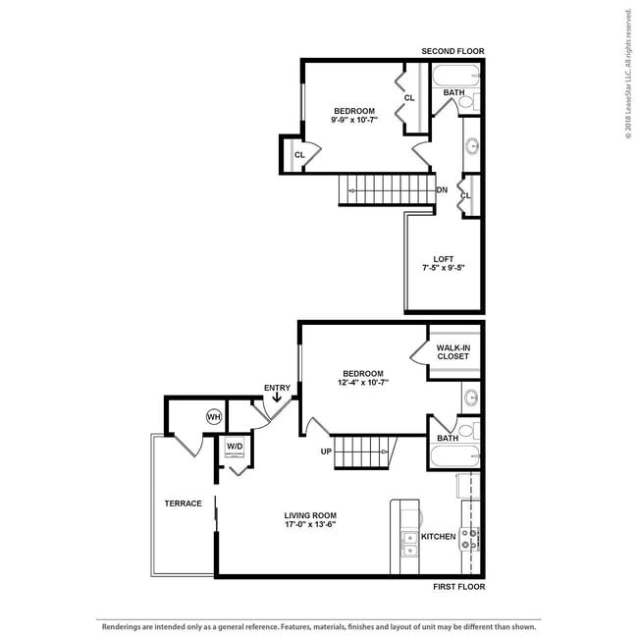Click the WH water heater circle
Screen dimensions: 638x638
coord(214,417)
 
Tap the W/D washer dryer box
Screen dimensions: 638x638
coord(235,447)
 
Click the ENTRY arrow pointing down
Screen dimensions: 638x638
coord(277,398)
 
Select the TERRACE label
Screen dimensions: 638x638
coord(184,504)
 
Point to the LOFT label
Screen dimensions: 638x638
coord(444,259)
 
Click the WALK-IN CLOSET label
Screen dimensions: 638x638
coord(453,352)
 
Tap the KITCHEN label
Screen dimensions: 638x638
coord(438,537)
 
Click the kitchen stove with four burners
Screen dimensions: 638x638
coord(469,539)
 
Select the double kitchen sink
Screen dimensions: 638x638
coord(410,544)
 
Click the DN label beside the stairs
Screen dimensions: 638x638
coord(442,189)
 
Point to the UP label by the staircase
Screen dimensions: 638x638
coord(326,452)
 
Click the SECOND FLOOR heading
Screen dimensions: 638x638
coord(452,51)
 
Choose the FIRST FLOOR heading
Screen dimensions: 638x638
coord(459,587)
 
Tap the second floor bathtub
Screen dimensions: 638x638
coord(455,75)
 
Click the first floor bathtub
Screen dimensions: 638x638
coord(455,456)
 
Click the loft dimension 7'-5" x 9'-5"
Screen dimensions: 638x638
coord(444,268)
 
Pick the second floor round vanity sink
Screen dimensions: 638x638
coord(472,145)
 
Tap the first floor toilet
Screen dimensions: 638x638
coord(469,431)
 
